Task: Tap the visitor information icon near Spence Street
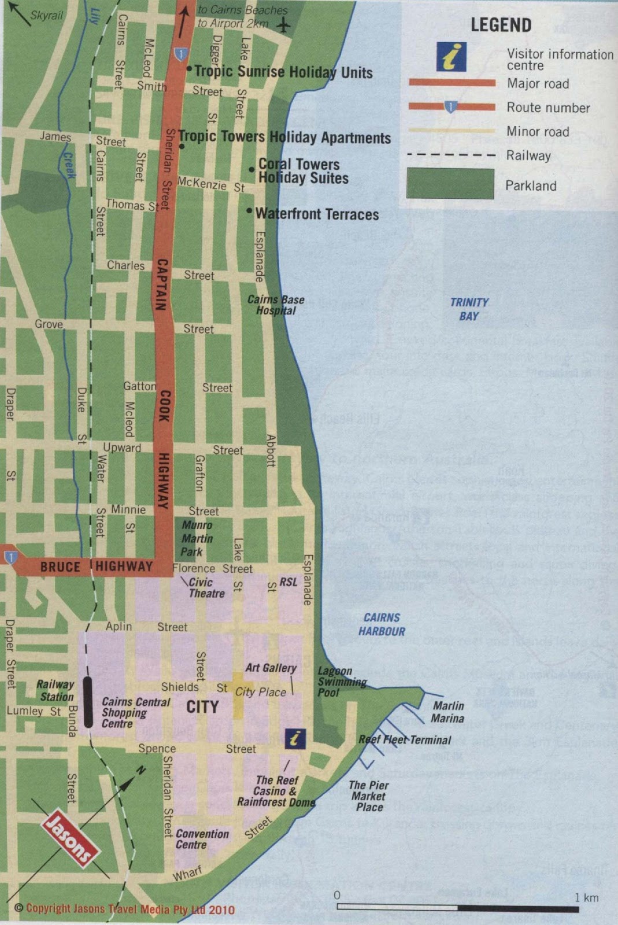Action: click(295, 738)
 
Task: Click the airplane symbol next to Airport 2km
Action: click(283, 25)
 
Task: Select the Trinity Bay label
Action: click(469, 309)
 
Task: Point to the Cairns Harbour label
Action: click(382, 624)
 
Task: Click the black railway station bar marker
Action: click(88, 701)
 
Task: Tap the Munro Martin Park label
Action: click(197, 538)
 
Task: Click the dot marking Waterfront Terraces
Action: click(250, 211)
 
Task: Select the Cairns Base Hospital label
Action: click(276, 305)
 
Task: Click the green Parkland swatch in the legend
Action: click(450, 184)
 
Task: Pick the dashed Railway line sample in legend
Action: click(451, 155)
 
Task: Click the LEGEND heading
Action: click(501, 25)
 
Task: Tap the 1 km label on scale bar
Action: click(586, 898)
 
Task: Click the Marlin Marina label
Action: click(448, 712)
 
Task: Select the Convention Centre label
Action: click(202, 839)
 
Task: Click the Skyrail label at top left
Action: click(46, 16)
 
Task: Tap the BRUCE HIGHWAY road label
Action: click(96, 567)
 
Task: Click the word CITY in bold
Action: click(202, 706)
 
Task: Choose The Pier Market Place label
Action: click(369, 796)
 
